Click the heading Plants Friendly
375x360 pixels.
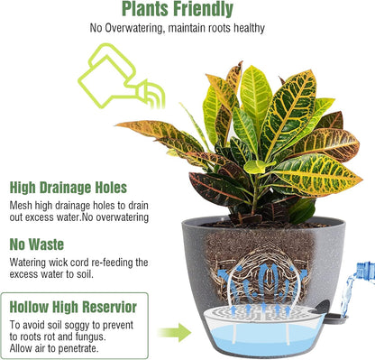tap(177, 10)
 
